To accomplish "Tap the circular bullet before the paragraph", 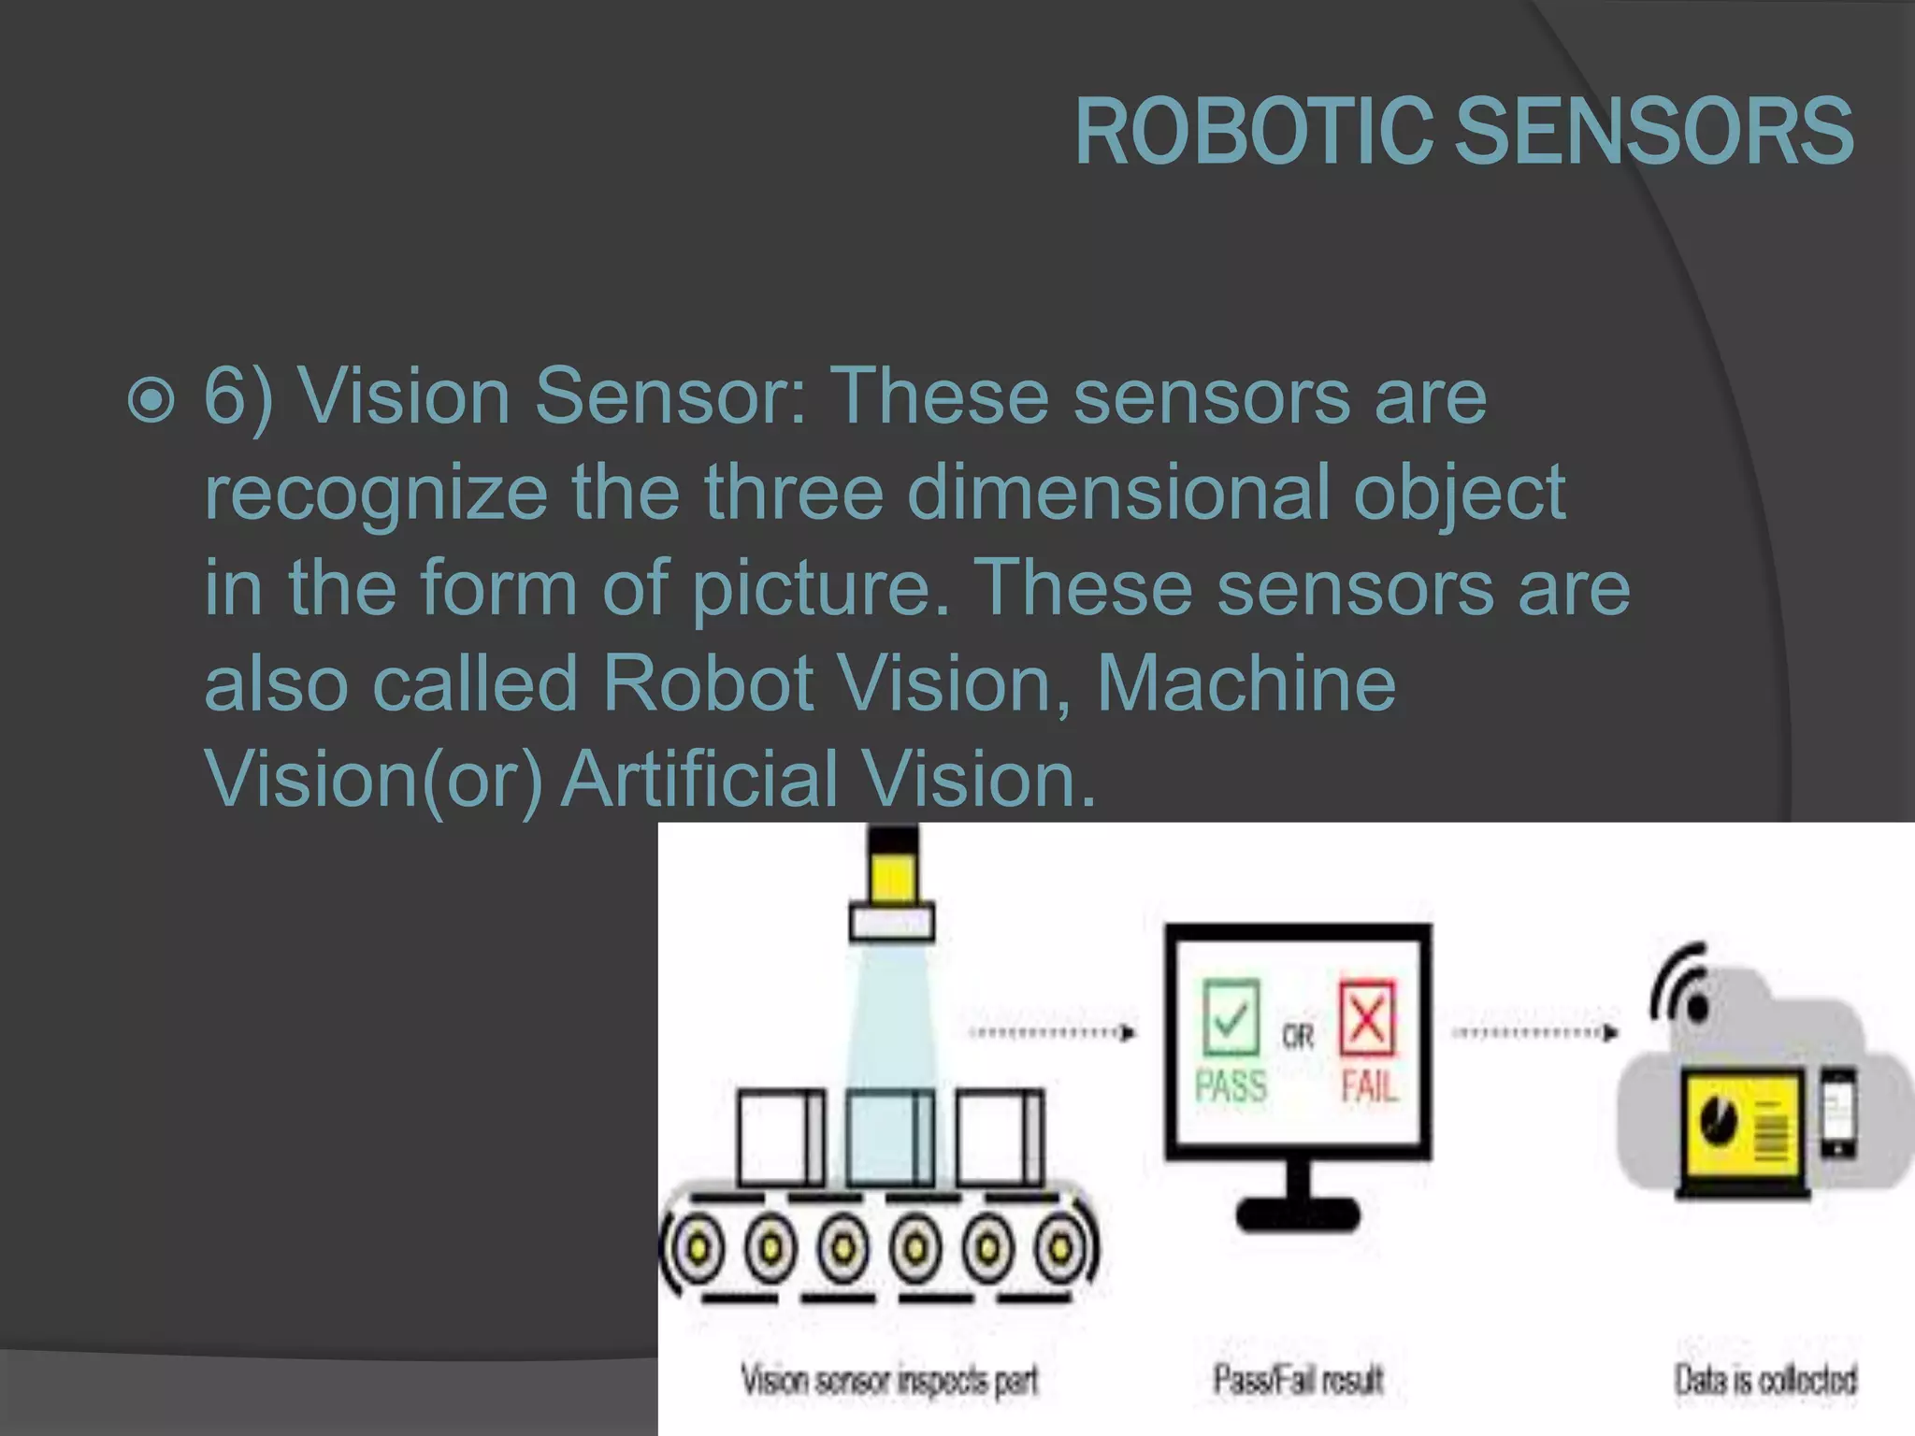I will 151,400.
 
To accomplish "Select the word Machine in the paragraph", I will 1245,682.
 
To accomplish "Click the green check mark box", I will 1231,1017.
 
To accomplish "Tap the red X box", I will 1367,1017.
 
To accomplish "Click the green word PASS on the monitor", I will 1231,1086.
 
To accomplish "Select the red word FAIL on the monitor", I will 1369,1086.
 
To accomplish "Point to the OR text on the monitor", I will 1298,1036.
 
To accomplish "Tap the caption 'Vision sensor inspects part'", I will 889,1380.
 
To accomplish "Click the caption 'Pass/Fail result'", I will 1298,1380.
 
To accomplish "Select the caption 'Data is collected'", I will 1765,1380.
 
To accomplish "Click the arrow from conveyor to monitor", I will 1053,1033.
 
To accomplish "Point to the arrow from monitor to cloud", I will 1534,1033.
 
